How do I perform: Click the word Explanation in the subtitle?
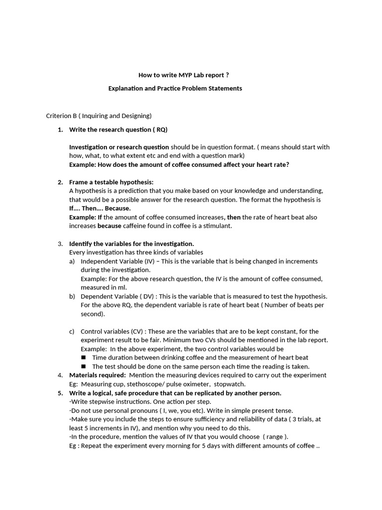point(127,88)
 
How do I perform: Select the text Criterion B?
point(61,116)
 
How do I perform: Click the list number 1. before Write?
point(60,129)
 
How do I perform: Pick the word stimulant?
point(216,226)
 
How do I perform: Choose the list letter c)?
point(72,331)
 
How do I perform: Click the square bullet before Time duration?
point(83,358)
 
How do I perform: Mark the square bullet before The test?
point(83,366)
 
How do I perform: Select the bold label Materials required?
point(97,375)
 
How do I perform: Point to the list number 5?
point(60,393)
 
